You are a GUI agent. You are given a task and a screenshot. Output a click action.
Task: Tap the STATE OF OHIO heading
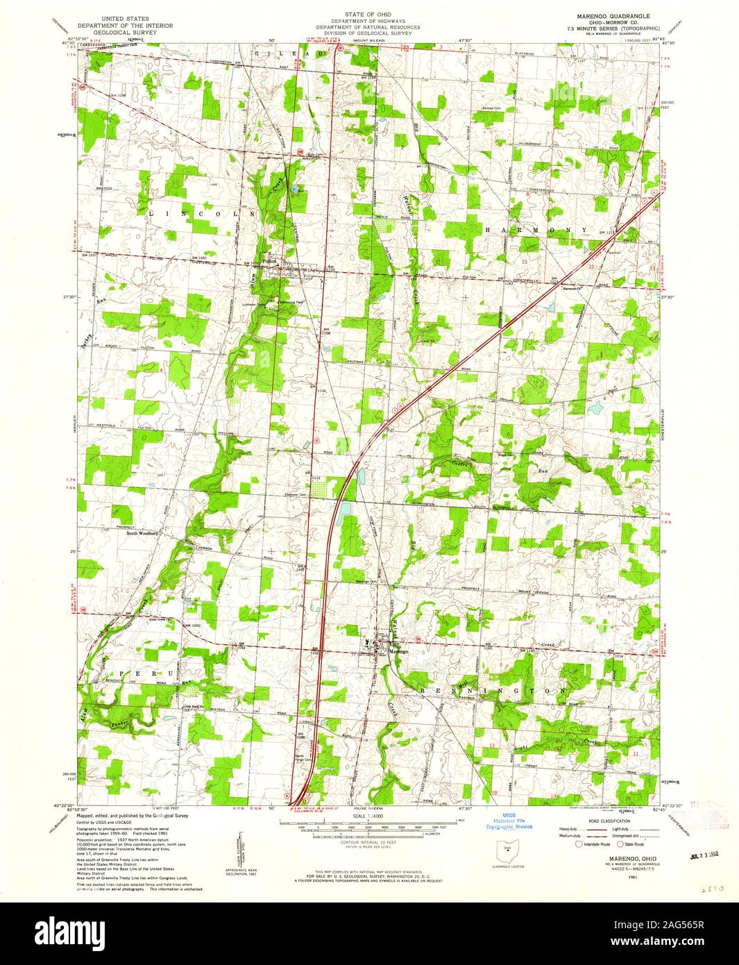pos(369,13)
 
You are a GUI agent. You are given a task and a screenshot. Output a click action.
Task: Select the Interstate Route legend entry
pos(596,844)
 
